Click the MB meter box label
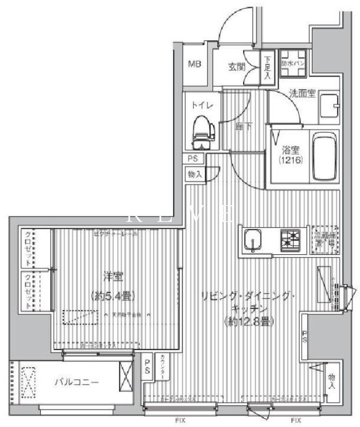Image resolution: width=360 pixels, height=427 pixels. click(x=194, y=65)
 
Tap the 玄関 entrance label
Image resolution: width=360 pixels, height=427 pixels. click(x=237, y=66)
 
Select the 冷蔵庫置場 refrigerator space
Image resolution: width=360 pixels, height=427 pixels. click(x=325, y=238)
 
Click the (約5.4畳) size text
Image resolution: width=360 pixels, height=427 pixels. click(x=113, y=296)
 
